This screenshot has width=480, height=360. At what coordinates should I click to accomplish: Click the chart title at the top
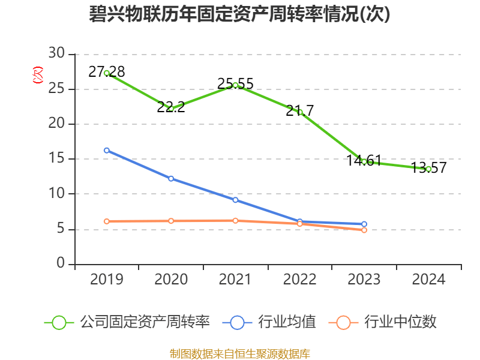(240, 14)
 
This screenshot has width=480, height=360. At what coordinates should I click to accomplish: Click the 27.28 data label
(107, 72)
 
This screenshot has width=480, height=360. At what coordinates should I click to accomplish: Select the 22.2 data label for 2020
(171, 107)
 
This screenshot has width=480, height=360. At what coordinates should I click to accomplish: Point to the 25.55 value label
(235, 83)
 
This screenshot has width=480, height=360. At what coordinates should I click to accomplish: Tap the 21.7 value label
(299, 110)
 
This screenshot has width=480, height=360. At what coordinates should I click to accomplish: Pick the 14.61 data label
(364, 160)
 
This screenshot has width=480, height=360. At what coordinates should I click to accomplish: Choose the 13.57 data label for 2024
(428, 168)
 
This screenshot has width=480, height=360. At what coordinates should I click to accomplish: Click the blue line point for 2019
(107, 150)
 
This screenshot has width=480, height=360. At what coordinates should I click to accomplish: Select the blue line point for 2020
(171, 178)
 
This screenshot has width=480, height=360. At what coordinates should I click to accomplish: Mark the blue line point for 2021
(235, 200)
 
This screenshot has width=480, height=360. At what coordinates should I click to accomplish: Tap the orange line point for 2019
(107, 221)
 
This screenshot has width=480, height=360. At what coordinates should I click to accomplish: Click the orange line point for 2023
(364, 230)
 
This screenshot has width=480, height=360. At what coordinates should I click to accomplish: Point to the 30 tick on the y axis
(57, 54)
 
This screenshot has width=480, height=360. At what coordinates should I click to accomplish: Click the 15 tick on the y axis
(57, 159)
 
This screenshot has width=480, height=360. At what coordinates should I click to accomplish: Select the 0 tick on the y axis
(61, 264)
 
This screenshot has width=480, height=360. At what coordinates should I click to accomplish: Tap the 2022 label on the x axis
(299, 280)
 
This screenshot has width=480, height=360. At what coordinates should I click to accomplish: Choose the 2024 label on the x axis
(428, 280)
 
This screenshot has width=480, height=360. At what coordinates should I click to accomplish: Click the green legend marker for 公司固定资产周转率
(59, 322)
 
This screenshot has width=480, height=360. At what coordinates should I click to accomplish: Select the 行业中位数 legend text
(407, 322)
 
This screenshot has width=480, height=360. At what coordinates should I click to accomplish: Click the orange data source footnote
(240, 353)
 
